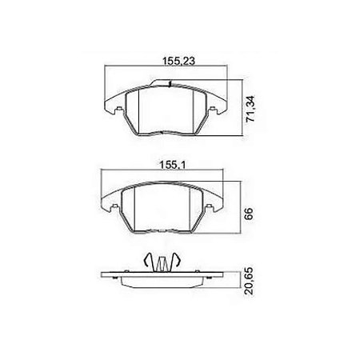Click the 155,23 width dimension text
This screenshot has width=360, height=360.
click(x=178, y=61)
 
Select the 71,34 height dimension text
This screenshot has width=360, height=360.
click(x=250, y=109)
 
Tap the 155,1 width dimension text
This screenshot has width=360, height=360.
click(x=172, y=165)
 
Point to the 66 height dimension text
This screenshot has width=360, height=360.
click(x=248, y=213)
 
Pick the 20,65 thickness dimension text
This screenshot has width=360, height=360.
click(x=249, y=282)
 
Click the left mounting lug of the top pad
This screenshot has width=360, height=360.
click(x=119, y=109)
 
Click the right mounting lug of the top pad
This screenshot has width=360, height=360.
click(x=213, y=109)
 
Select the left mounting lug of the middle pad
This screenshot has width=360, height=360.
click(x=115, y=206)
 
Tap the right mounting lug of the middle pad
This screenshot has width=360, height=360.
click(x=209, y=206)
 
